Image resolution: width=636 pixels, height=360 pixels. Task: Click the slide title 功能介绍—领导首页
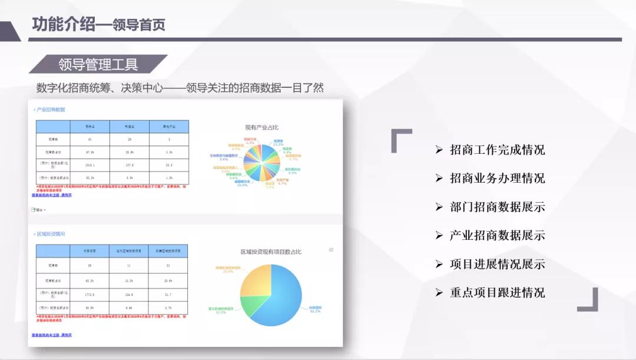(x=98, y=24)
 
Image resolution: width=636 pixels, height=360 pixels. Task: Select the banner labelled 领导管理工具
(x=98, y=64)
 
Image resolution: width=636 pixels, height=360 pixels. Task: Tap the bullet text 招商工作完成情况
(x=497, y=150)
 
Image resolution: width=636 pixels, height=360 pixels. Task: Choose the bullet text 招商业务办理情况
(x=497, y=178)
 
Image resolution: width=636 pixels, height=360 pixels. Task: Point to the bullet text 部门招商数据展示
(x=497, y=207)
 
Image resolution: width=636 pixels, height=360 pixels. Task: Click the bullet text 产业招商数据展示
(x=497, y=236)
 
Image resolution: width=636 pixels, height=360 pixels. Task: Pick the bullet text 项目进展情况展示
(x=497, y=264)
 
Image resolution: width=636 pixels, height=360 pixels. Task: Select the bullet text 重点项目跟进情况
(x=497, y=293)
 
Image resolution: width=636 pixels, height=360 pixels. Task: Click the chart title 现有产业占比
(x=262, y=127)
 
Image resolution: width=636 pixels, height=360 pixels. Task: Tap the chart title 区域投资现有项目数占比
(x=270, y=252)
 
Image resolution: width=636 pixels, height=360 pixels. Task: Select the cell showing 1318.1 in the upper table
(x=90, y=165)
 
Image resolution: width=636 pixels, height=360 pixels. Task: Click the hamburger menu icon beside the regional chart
(x=331, y=250)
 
